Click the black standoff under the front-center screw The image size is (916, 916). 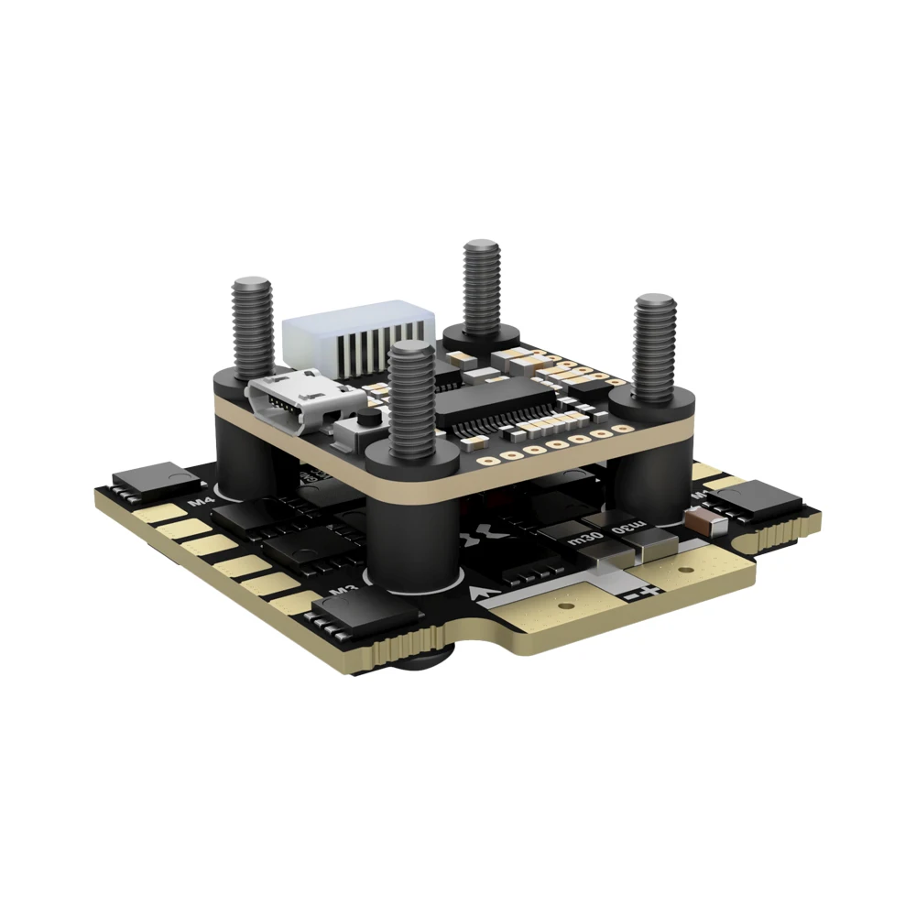click(410, 531)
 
